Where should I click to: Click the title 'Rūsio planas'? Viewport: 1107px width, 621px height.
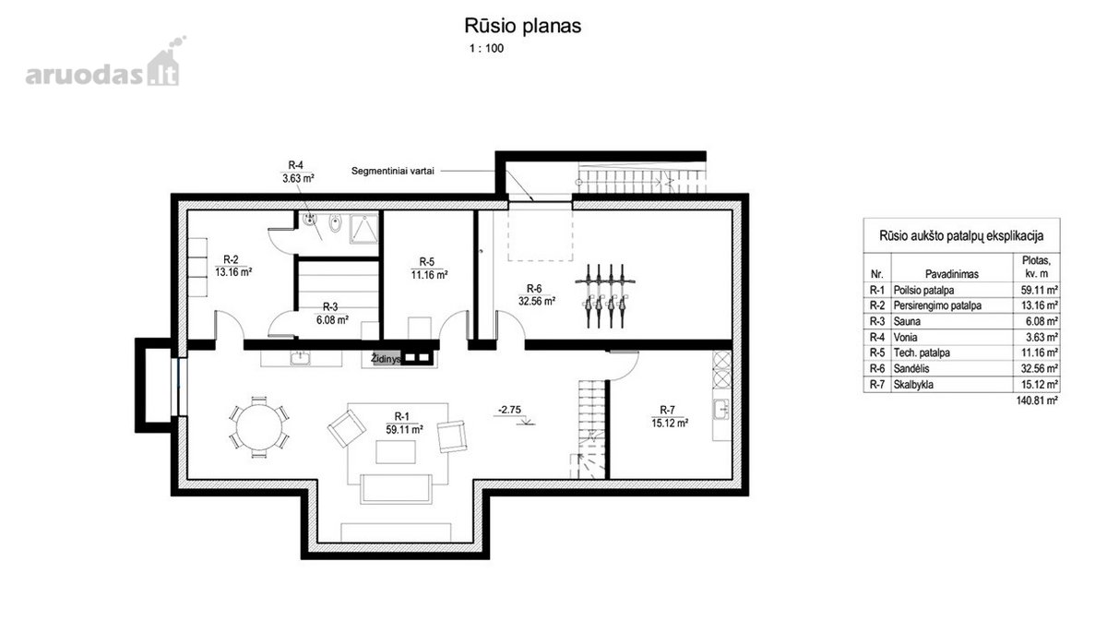522,26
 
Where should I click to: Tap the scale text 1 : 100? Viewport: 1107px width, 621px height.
486,49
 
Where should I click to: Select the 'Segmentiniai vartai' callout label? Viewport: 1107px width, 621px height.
392,171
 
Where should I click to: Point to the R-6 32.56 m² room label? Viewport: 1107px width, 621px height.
536,295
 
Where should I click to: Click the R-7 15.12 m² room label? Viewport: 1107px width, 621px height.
669,417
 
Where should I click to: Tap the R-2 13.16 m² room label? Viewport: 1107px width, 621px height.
233,266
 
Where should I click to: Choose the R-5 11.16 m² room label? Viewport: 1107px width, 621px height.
429,269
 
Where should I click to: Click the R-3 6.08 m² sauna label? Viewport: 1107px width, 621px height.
332,314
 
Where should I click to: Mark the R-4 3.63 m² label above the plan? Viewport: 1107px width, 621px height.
297,172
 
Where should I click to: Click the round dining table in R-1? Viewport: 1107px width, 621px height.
259,427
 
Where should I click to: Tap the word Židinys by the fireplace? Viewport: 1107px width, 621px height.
386,359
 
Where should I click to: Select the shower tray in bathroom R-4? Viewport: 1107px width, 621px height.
363,229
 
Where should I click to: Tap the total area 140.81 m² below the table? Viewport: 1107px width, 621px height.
1037,400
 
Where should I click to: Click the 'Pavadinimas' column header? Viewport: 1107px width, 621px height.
952,274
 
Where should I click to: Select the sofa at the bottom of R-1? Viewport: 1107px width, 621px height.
396,488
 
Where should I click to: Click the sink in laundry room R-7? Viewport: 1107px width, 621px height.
721,410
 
